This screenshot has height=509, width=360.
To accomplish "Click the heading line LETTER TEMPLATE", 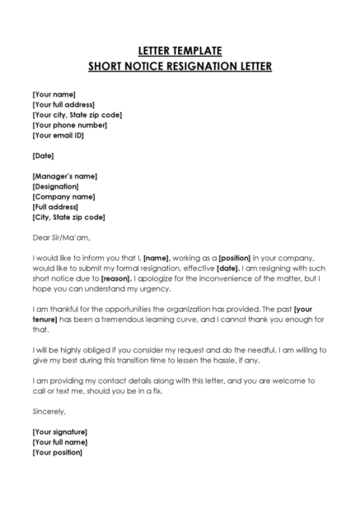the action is [180, 50].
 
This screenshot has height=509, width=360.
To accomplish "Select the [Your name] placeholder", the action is [54, 95].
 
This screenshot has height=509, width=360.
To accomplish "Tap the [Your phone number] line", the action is [70, 125].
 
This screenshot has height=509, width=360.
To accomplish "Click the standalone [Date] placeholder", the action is [43, 156].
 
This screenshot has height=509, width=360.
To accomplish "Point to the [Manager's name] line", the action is [65, 176].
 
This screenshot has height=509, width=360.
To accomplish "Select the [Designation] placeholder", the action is [56, 187].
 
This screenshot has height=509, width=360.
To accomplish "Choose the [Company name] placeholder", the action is [63, 197].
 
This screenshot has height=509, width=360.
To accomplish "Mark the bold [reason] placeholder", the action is [119, 278].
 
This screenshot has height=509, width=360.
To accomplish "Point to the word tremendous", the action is [128, 319].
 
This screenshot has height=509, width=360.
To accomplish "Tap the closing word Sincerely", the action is [49, 410].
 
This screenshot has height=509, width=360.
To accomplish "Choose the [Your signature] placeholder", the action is [60, 432].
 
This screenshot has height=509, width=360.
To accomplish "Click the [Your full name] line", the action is [60, 442].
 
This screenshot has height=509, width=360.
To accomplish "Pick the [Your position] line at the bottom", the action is [58, 452].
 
